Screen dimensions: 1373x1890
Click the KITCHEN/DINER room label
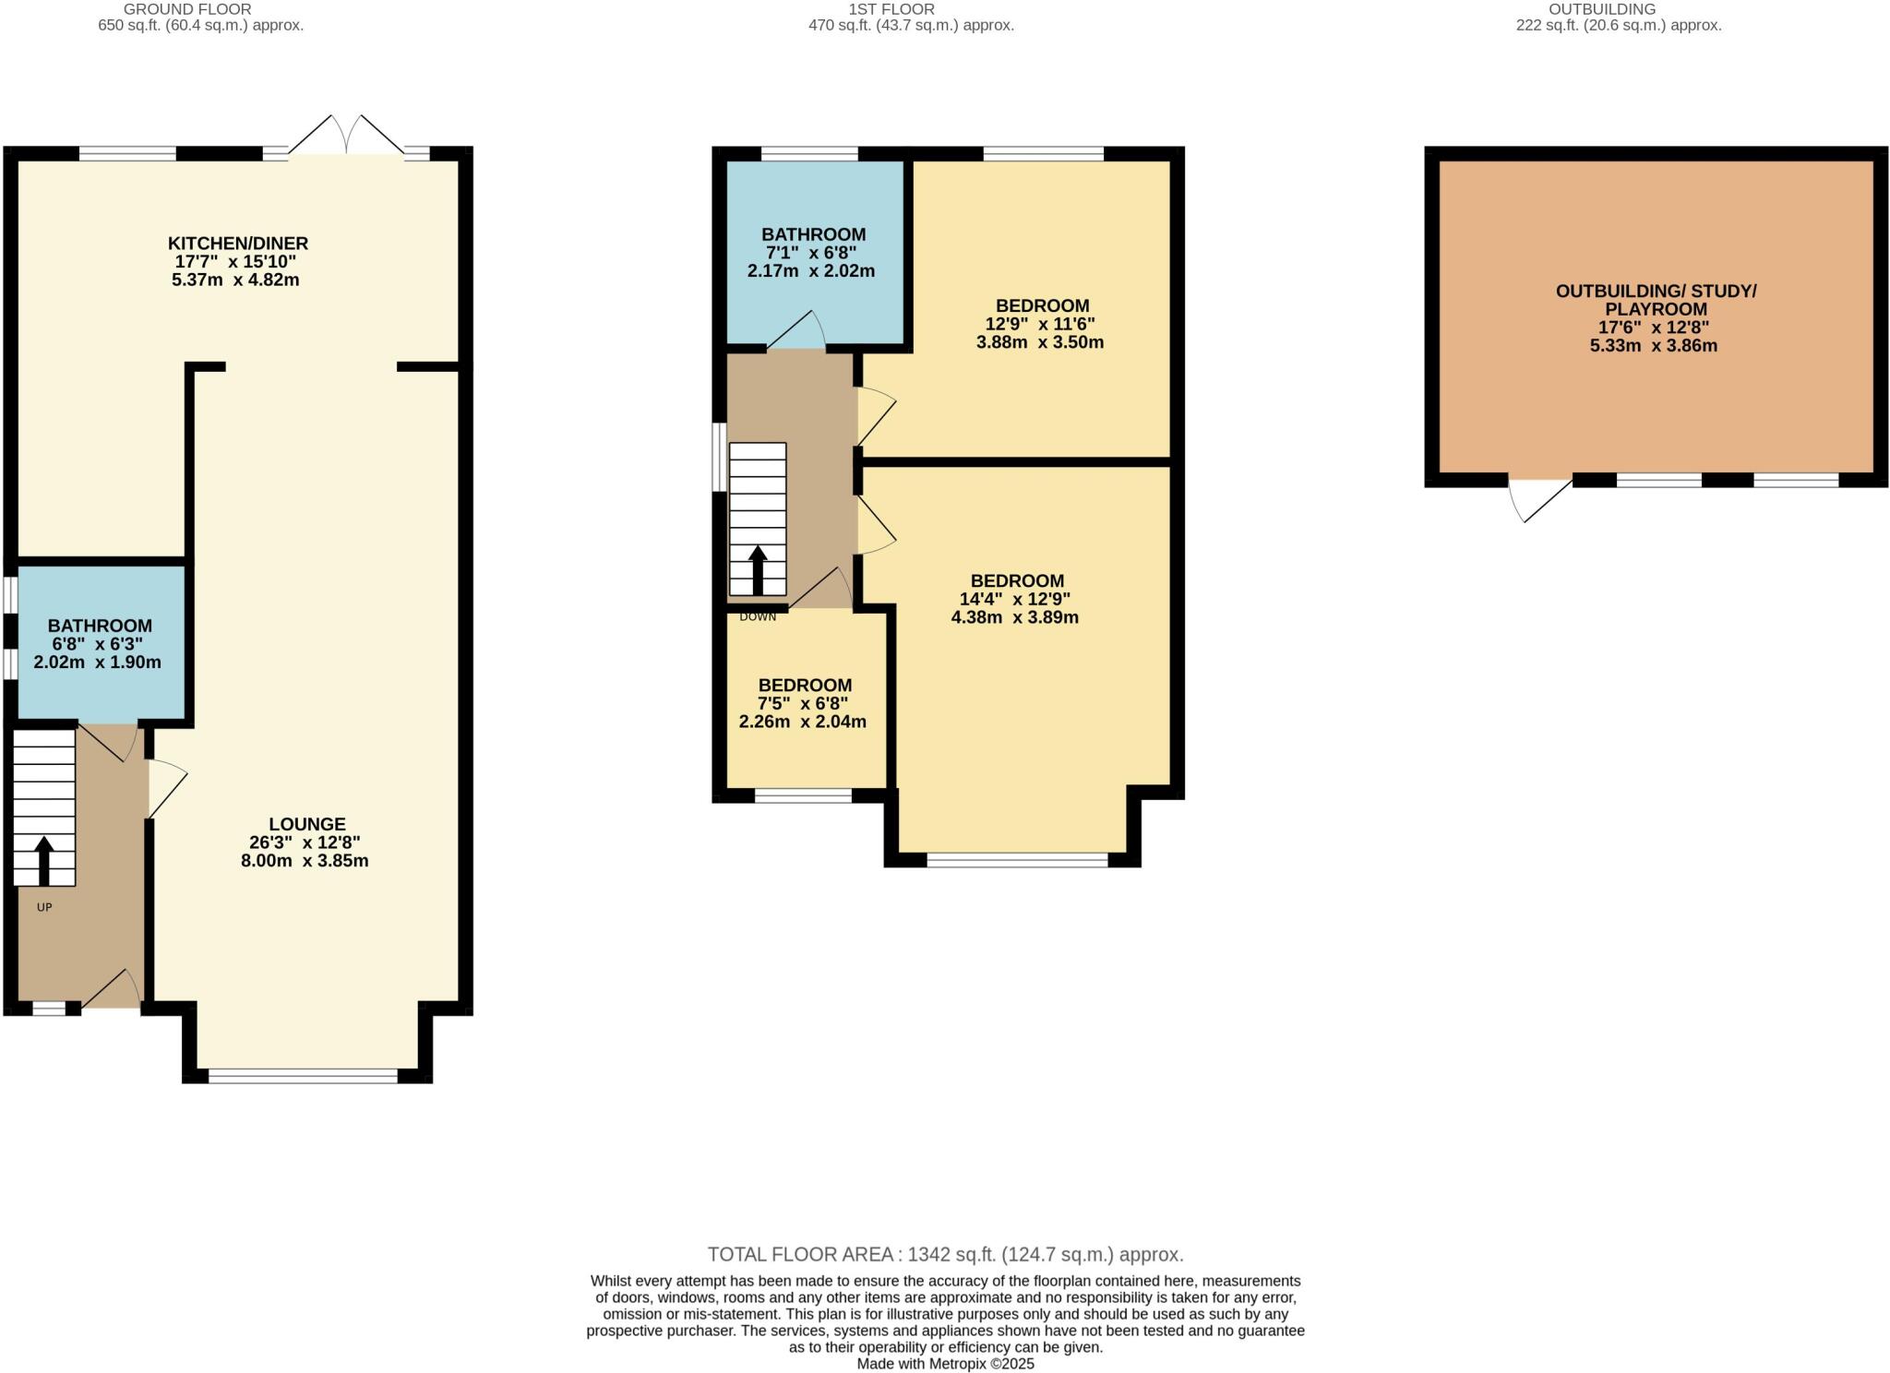coord(237,244)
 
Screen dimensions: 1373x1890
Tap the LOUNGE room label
coord(307,824)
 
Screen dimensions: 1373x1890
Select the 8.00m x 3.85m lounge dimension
coord(305,861)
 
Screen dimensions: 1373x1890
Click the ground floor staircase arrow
coord(43,860)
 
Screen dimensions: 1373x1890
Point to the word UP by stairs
coord(44,907)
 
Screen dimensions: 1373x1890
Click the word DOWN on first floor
coord(758,616)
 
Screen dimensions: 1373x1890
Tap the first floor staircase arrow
coord(758,569)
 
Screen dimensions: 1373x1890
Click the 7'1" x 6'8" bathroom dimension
coord(813,253)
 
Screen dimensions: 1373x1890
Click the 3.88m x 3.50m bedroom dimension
coord(1040,342)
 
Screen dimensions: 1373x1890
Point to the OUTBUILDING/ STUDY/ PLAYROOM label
coord(1656,300)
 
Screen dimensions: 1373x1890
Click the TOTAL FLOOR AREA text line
coord(945,1254)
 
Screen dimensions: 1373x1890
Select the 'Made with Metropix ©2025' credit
coord(945,1363)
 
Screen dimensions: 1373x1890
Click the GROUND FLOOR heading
coord(187,9)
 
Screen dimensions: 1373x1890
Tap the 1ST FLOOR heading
coord(891,9)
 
